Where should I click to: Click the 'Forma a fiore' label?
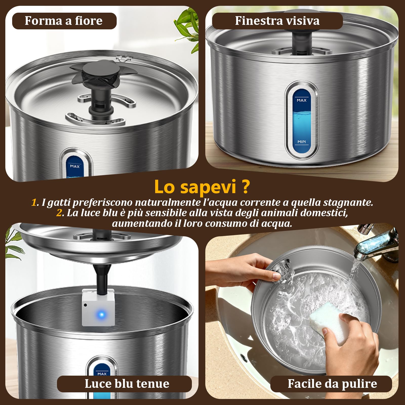[x=64, y=21]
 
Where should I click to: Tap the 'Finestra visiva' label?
[x=277, y=21]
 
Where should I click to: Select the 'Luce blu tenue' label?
[x=127, y=384]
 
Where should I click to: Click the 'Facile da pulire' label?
[x=332, y=384]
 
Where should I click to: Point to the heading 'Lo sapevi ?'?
[x=202, y=187]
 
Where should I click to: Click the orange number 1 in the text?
[x=34, y=202]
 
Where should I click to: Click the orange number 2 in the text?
[x=59, y=213]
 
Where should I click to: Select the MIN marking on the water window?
[x=301, y=142]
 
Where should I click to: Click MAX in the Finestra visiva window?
[x=301, y=100]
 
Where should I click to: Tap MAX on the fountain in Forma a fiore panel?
[x=75, y=166]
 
